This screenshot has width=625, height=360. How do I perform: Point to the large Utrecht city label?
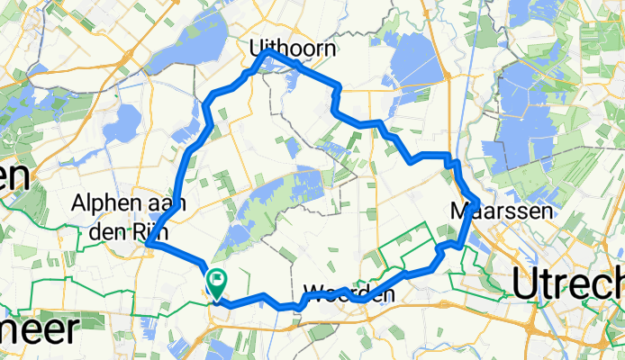click(567, 285)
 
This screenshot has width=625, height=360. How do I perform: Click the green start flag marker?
click(217, 283)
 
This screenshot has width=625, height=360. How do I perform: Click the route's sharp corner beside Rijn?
click(148, 243)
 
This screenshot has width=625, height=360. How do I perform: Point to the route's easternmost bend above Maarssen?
click(476, 200)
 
